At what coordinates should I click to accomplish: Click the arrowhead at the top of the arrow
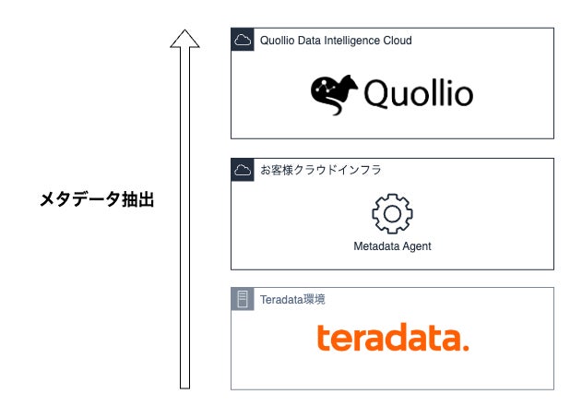pos(184,39)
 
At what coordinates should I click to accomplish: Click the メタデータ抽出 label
pos(96,199)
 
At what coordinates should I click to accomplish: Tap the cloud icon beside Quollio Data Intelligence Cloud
pos(243,40)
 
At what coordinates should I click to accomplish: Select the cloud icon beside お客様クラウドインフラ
pos(243,170)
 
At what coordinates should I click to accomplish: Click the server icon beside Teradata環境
pos(243,299)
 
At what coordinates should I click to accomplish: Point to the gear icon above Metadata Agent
pos(392,213)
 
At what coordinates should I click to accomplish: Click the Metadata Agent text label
pos(392,246)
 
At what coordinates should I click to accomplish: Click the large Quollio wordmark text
pos(418,94)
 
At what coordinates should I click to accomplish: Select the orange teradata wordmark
pos(392,339)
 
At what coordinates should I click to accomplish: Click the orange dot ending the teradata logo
pos(465,348)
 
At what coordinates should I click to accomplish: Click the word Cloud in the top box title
pos(396,41)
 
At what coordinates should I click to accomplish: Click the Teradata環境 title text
pos(292,299)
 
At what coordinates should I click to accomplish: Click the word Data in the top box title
pos(311,41)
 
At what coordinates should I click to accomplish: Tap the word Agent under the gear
pos(415,246)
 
